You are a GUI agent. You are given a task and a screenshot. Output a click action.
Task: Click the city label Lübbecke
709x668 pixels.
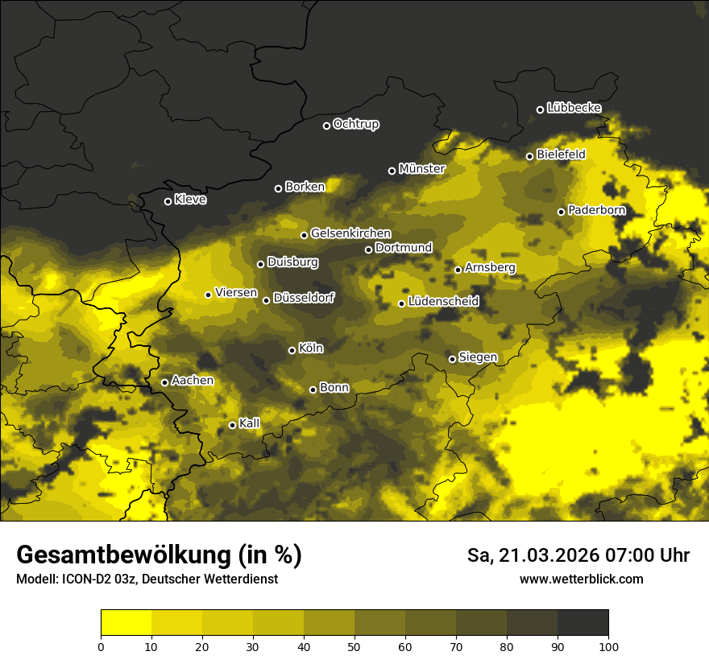[574, 108]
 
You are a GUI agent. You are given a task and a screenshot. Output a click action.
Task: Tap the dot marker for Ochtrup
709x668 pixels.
[326, 126]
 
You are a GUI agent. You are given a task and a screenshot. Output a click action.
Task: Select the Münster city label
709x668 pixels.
[421, 169]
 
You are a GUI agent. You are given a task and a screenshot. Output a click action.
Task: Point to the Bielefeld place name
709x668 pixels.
[561, 155]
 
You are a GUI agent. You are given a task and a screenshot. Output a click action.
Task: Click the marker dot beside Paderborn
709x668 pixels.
[562, 212]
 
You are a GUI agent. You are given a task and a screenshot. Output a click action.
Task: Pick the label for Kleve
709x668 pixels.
[190, 200]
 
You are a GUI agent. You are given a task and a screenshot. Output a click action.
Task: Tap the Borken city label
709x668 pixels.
[305, 187]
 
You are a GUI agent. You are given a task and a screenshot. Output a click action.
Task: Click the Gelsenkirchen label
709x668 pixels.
[350, 233]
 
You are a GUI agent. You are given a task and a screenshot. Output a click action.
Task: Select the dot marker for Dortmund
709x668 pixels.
[368, 249]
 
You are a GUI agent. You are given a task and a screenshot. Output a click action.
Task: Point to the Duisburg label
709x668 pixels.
[292, 262]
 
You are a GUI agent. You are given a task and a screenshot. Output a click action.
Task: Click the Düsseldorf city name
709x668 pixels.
[304, 299]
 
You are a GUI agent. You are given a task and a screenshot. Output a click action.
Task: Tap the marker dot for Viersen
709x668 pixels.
[208, 295]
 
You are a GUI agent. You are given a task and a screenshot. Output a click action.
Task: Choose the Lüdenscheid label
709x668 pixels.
[443, 302]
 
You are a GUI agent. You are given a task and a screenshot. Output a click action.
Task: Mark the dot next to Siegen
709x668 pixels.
[452, 359]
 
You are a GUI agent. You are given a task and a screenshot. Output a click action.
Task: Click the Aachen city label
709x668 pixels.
[193, 381]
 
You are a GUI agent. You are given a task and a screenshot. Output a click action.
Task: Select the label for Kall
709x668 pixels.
[249, 423]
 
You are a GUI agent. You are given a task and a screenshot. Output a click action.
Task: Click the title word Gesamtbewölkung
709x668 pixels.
[122, 555]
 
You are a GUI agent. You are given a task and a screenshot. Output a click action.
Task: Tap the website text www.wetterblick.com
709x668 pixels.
[581, 579]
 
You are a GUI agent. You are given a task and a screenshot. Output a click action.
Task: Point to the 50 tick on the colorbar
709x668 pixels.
[354, 645]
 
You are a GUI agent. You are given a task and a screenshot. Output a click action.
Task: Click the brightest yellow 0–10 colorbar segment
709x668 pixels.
[126, 622]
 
